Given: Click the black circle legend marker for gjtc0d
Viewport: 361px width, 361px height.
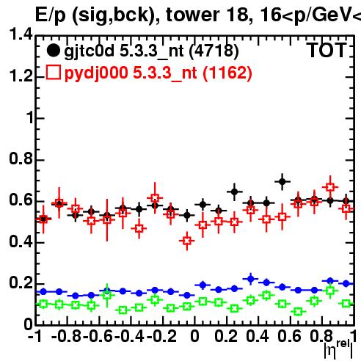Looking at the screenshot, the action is [x=53, y=51].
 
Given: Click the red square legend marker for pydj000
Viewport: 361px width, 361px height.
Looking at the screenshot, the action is [x=53, y=72].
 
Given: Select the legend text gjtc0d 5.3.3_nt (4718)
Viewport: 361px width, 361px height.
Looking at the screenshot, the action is [x=151, y=51].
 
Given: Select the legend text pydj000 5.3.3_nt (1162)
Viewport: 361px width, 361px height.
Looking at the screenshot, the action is [x=158, y=73].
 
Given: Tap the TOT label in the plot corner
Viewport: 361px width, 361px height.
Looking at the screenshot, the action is [x=327, y=50].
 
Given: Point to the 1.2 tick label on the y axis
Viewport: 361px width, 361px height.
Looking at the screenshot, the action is [x=21, y=76].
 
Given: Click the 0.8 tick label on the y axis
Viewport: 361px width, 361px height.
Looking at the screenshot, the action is [x=21, y=158].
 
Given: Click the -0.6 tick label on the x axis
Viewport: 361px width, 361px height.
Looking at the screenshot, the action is [x=98, y=335].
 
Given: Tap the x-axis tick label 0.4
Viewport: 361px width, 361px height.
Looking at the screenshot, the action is [x=258, y=335].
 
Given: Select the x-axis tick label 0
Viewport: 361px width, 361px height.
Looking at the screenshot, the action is [x=194, y=335].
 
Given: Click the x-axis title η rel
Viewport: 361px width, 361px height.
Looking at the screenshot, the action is [x=338, y=349].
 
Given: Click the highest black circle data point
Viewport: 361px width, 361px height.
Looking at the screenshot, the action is [x=282, y=182].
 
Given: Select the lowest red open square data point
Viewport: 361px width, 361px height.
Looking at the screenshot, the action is [x=187, y=241].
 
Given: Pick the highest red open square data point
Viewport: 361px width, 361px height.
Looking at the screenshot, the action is [x=330, y=187].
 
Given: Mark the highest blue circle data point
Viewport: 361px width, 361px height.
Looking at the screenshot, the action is [x=250, y=279].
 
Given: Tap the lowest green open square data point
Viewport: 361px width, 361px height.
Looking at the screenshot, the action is [x=298, y=312].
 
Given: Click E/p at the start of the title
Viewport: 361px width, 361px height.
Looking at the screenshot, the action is [x=51, y=15].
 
